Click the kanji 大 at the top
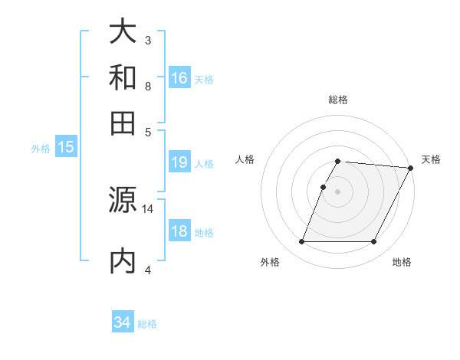tap(123, 32)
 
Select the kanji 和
tap(123, 78)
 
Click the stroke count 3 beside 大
tap(148, 39)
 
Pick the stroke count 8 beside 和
tap(148, 86)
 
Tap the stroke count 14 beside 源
tap(148, 208)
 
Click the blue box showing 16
tap(179, 78)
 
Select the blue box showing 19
tap(179, 162)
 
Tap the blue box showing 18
tap(179, 231)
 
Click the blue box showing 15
tap(65, 147)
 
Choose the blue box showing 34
tap(123, 322)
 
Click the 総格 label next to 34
tap(147, 324)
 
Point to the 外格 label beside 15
tap(40, 149)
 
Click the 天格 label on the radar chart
tap(431, 159)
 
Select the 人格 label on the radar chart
tap(245, 159)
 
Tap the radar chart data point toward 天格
tap(411, 168)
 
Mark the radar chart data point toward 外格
tap(301, 242)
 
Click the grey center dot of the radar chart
tap(337, 191)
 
